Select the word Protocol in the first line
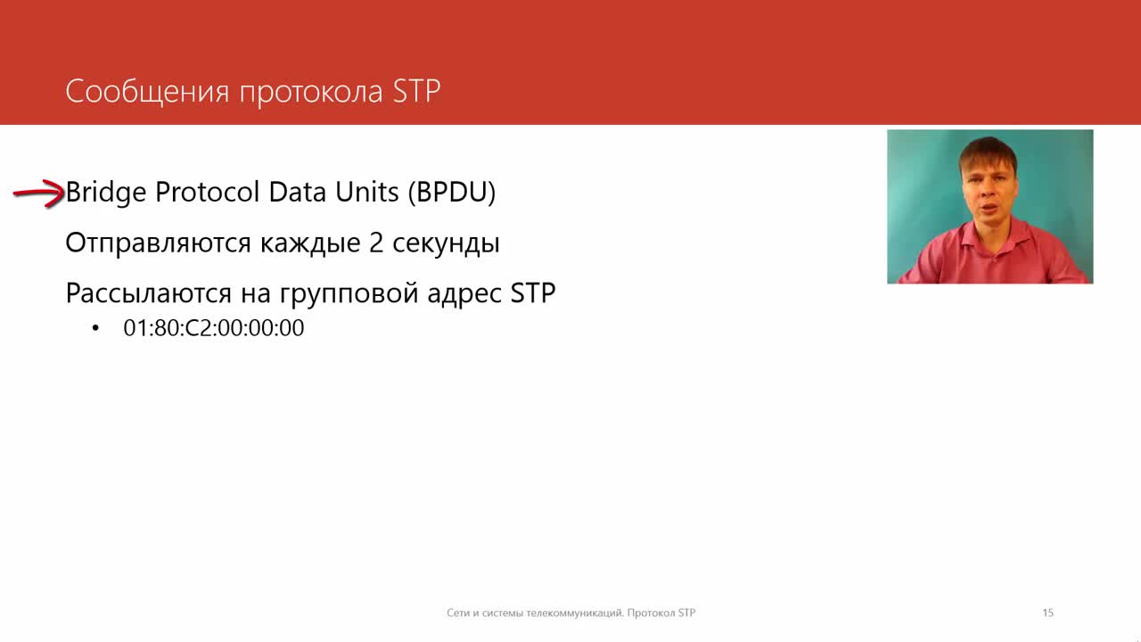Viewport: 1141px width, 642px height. click(208, 192)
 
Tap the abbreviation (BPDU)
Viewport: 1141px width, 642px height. click(451, 193)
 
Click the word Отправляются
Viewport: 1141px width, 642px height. click(158, 243)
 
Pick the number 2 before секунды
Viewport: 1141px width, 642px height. click(376, 243)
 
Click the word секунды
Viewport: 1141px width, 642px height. click(446, 244)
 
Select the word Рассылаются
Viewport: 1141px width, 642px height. click(148, 294)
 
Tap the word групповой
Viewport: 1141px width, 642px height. click(349, 295)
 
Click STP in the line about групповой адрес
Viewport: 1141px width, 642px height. click(533, 293)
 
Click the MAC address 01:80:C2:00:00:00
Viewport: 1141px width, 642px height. click(213, 327)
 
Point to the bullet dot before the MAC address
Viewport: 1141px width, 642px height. click(95, 328)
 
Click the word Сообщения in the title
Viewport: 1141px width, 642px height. click(147, 92)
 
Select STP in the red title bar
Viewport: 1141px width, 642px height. click(416, 91)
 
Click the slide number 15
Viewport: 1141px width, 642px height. click(1047, 613)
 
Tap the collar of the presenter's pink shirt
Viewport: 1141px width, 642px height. click(990, 237)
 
